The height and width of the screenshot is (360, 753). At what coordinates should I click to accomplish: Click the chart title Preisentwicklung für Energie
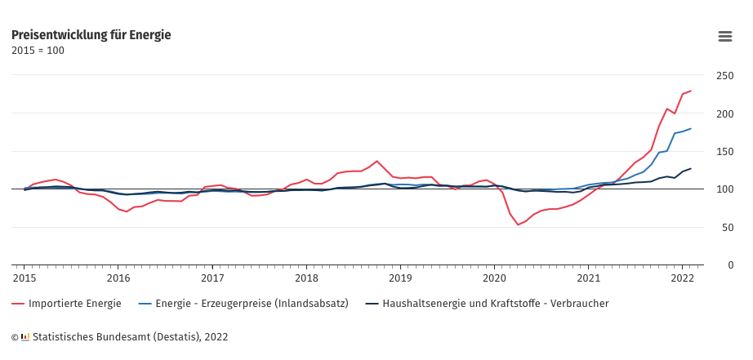tap(91, 35)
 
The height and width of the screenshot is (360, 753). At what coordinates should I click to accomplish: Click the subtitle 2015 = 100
tap(38, 51)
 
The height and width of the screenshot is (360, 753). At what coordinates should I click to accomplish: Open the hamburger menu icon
tap(724, 36)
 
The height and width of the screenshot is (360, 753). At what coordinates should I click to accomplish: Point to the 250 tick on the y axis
tap(724, 75)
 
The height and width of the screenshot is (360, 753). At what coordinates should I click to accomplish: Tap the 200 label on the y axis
tap(724, 113)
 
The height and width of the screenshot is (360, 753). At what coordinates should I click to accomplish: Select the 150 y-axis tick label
tap(724, 151)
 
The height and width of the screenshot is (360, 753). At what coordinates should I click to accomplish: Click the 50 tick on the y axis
tap(727, 227)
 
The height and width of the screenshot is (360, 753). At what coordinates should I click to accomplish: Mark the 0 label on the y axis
tap(730, 264)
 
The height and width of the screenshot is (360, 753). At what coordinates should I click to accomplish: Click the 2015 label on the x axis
tap(24, 278)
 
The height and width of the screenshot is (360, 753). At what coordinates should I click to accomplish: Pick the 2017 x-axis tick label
tap(212, 278)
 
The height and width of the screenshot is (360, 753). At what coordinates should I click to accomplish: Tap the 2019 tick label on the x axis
tap(400, 278)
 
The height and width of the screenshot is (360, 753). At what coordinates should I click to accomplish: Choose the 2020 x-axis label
tap(494, 278)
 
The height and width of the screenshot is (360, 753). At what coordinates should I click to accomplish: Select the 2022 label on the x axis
tap(683, 278)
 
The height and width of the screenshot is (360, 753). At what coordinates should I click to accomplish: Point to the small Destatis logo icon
tap(25, 336)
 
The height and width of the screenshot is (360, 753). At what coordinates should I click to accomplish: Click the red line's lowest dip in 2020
tap(518, 224)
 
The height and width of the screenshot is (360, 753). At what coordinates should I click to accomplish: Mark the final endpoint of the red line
tap(691, 91)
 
